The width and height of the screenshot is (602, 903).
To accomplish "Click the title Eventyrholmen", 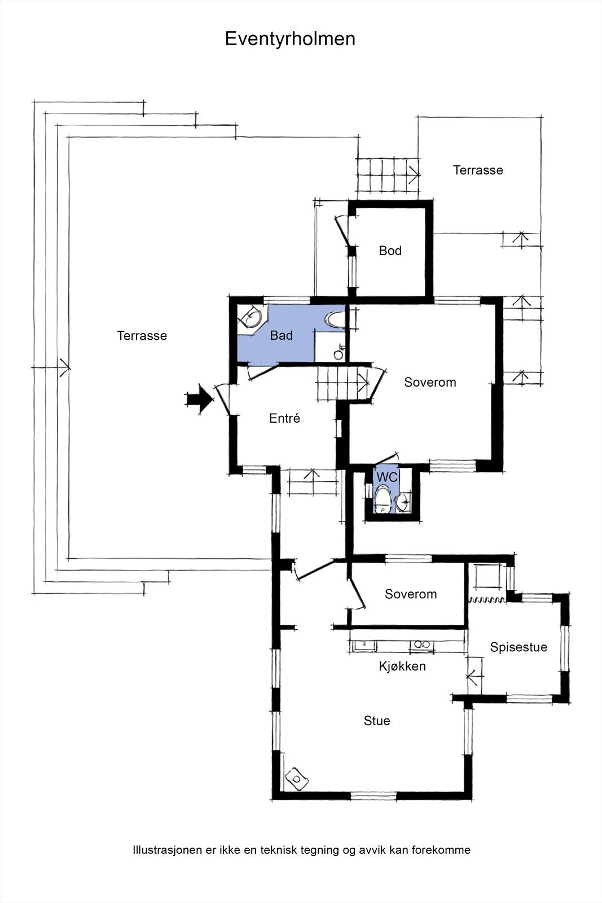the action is click(x=290, y=40).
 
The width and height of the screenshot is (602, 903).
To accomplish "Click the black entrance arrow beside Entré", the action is click(x=200, y=398).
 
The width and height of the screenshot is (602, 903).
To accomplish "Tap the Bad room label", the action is click(x=282, y=335).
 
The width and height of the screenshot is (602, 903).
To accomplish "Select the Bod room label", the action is click(x=390, y=251).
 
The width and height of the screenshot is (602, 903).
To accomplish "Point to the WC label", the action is click(x=387, y=477).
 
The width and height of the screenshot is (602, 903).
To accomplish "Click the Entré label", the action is click(x=284, y=418).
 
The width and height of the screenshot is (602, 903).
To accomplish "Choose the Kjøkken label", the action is click(x=402, y=666).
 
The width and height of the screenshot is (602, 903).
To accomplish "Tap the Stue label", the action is click(x=377, y=720).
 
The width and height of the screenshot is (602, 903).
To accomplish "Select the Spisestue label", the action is click(x=518, y=647).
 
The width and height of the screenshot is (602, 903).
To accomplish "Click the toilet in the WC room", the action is click(x=382, y=500).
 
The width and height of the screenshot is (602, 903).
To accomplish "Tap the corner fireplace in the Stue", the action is click(x=297, y=778).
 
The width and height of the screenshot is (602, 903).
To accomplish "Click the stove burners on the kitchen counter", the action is click(x=422, y=645).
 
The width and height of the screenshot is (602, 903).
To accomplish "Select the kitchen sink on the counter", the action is click(x=364, y=645).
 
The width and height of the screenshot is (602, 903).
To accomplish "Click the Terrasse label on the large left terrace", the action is click(x=142, y=335).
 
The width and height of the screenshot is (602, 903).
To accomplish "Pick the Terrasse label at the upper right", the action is click(x=478, y=170).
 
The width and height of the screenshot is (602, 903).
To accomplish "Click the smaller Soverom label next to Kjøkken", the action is click(x=411, y=594).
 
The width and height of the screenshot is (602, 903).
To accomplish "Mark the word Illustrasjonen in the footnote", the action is click(x=167, y=850).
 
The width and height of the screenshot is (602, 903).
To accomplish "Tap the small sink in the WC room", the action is click(x=402, y=502).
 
